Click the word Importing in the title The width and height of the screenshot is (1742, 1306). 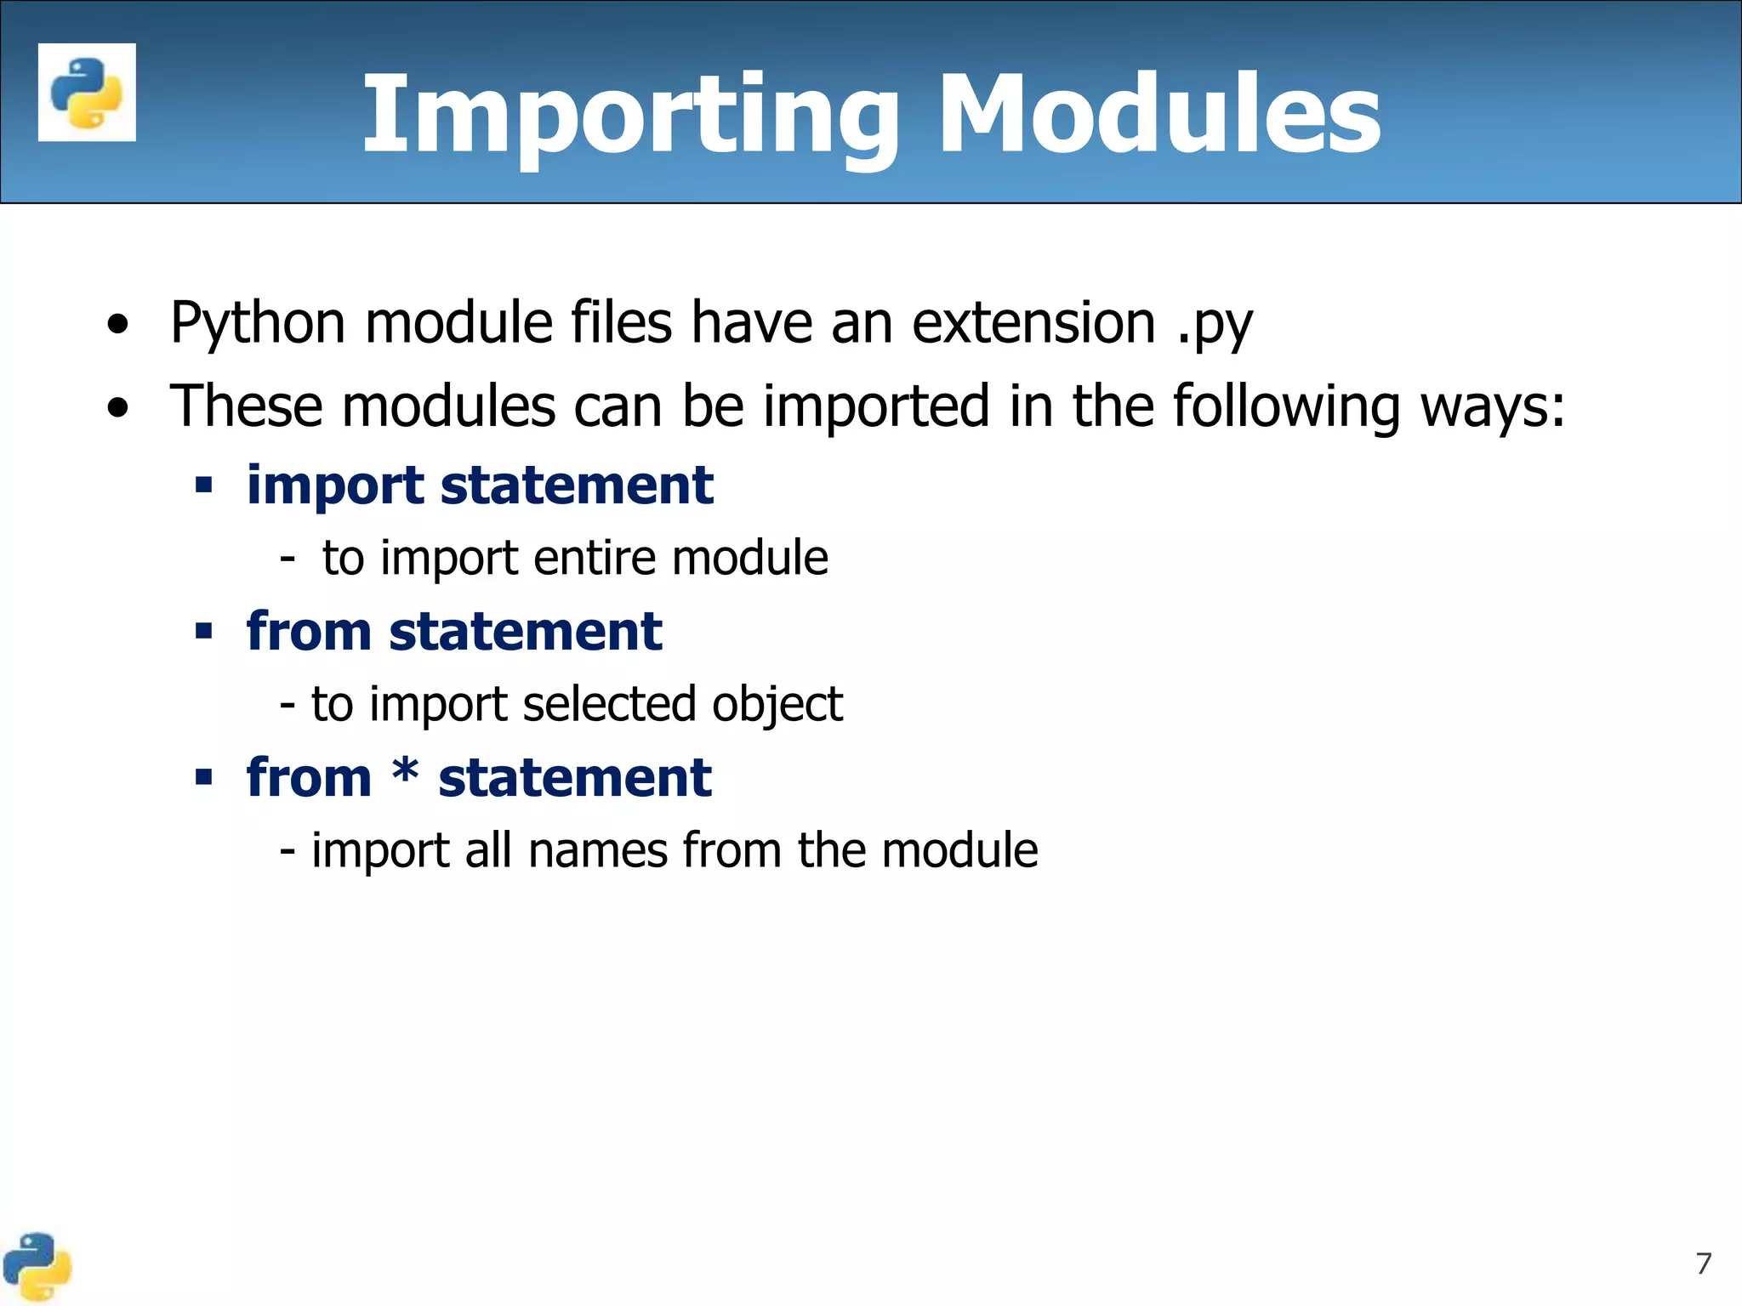point(629,115)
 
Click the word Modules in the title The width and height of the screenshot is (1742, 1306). point(1158,115)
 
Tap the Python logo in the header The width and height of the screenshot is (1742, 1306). point(87,93)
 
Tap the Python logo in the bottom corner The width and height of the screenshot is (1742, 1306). point(37,1267)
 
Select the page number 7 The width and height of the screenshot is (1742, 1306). point(1703,1263)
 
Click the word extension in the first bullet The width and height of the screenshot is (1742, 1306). point(1033,323)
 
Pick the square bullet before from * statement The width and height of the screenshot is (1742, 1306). point(203,777)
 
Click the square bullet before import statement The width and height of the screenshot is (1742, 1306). point(203,485)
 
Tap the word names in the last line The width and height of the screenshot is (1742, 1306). point(598,850)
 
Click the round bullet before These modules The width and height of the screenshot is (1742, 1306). point(118,408)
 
